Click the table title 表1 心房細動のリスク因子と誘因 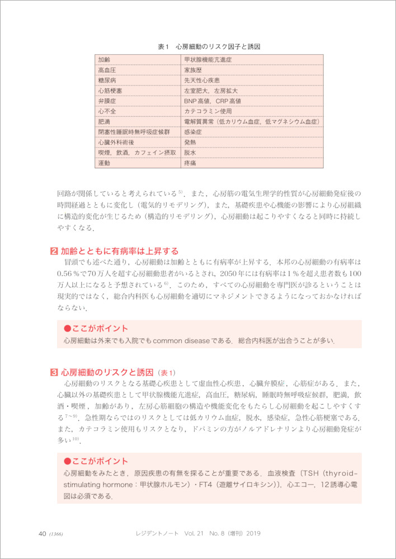pyautogui.click(x=210, y=47)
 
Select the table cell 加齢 pyautogui.click(x=104, y=59)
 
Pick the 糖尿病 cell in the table pyautogui.click(x=107, y=80)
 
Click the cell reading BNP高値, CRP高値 pyautogui.click(x=213, y=101)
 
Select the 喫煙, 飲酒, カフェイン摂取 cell pyautogui.click(x=137, y=153)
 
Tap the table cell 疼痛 pyautogui.click(x=190, y=163)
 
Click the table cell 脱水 pyautogui.click(x=190, y=153)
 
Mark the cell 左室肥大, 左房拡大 pyautogui.click(x=211, y=91)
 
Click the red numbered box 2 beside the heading pyautogui.click(x=54, y=251)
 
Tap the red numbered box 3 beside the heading pyautogui.click(x=54, y=372)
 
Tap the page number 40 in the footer pyautogui.click(x=42, y=533)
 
